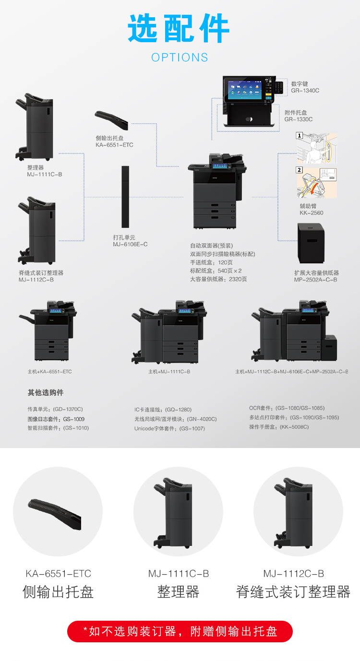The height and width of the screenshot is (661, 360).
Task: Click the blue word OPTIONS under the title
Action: (x=180, y=58)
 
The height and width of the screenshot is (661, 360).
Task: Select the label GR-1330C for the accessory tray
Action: (x=298, y=119)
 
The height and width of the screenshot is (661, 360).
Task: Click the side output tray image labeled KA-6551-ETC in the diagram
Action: (x=111, y=119)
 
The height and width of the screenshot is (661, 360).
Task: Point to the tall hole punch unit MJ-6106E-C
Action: (x=125, y=197)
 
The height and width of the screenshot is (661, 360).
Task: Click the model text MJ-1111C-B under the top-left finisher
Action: (x=44, y=174)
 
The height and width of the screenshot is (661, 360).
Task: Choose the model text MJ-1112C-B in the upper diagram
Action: (x=36, y=279)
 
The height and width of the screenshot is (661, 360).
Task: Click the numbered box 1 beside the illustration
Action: (x=300, y=136)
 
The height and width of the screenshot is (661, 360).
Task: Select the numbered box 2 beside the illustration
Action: (x=300, y=170)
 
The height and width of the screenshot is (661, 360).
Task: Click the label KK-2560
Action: (x=312, y=212)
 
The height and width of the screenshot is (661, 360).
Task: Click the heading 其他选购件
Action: (x=46, y=392)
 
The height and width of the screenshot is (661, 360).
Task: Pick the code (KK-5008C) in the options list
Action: (x=294, y=427)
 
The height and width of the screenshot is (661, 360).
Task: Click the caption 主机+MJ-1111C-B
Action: (x=169, y=372)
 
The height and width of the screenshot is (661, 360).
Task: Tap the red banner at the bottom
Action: (x=180, y=631)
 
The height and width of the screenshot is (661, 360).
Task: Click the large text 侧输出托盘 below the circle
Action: (x=58, y=592)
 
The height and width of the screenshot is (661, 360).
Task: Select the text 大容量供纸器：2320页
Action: (x=218, y=279)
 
